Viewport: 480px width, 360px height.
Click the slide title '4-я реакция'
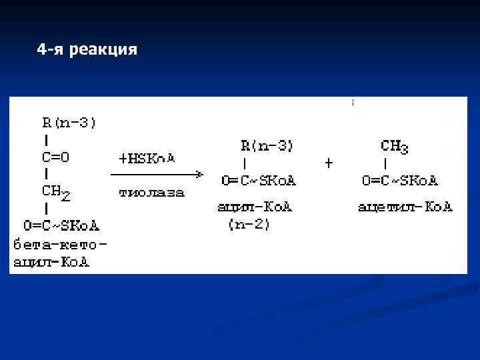(87, 49)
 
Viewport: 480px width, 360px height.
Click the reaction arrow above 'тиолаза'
(157, 175)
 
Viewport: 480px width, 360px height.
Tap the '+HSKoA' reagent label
(147, 159)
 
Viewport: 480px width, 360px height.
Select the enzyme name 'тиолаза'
(151, 193)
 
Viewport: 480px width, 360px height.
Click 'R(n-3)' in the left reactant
(70, 123)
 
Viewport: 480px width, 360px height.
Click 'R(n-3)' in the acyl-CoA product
(267, 145)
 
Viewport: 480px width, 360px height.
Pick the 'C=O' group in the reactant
(56, 157)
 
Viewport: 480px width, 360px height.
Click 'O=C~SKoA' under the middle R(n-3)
(259, 181)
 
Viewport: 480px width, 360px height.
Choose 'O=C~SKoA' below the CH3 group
(400, 181)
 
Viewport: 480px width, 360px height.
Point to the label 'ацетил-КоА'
(405, 207)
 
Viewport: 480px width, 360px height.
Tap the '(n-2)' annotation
(249, 225)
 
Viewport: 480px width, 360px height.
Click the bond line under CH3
(386, 163)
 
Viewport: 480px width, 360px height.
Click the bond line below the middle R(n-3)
(245, 163)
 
